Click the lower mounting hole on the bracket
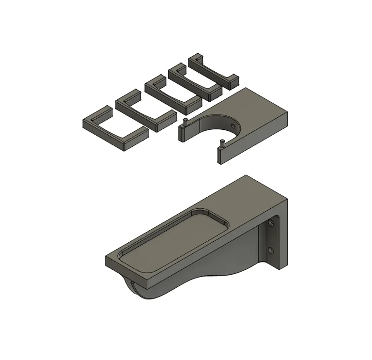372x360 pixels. pos(270,250)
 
